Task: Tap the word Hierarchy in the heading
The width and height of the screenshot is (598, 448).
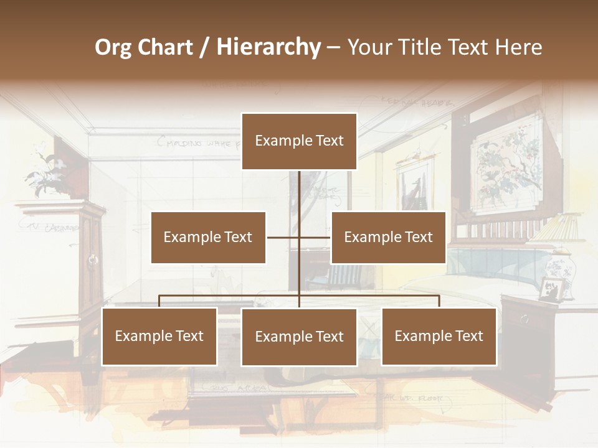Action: click(268, 47)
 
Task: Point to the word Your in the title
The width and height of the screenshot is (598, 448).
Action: click(368, 47)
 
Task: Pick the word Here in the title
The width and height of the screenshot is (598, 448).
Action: click(518, 47)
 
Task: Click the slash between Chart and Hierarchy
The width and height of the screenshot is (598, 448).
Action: click(204, 48)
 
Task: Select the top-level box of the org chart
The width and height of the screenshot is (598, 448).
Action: click(299, 141)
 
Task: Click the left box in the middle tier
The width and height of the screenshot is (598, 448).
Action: click(208, 237)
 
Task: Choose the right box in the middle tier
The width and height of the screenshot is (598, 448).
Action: click(388, 237)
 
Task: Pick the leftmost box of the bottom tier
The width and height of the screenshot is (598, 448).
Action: click(159, 336)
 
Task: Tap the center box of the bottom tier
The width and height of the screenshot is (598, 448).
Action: click(299, 337)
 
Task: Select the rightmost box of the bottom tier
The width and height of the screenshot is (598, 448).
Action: click(439, 336)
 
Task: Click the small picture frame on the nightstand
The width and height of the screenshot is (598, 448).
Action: click(551, 289)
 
